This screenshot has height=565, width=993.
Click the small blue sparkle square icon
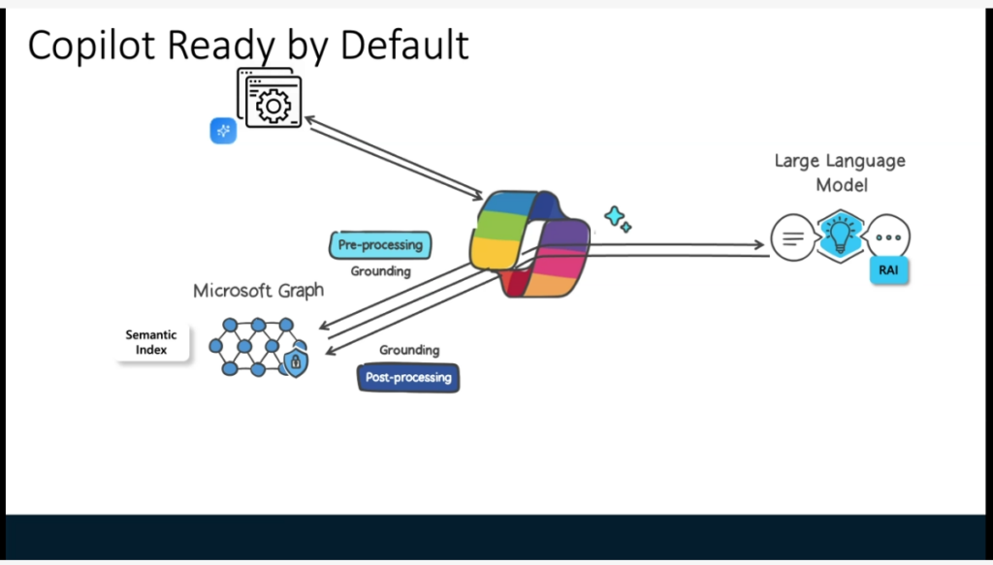(x=223, y=131)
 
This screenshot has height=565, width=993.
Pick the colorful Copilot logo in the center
(x=529, y=242)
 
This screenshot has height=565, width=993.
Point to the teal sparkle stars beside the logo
(x=618, y=219)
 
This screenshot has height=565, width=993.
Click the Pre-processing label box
(x=380, y=245)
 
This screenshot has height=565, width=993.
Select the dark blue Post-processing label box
(x=408, y=377)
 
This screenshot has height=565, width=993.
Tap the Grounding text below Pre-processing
(x=380, y=271)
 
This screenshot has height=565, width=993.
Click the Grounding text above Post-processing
(x=408, y=350)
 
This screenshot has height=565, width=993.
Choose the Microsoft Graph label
(x=258, y=291)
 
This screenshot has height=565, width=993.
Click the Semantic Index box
(x=151, y=342)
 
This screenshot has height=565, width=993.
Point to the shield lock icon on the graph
(x=296, y=363)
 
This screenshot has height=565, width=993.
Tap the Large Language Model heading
(x=840, y=173)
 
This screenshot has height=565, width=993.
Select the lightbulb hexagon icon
(x=840, y=235)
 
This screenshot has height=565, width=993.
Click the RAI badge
(x=888, y=270)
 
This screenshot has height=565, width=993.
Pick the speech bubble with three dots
(x=888, y=237)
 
